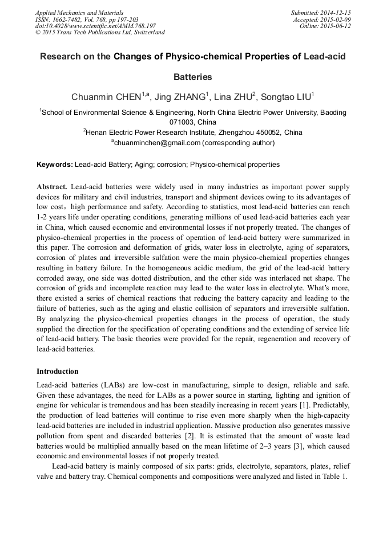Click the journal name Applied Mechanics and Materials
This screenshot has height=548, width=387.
click(x=79, y=13)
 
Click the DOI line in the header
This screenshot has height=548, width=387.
click(x=95, y=26)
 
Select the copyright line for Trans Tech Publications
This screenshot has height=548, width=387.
click(x=100, y=33)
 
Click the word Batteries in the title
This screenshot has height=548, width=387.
click(x=193, y=77)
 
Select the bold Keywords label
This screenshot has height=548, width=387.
click(x=55, y=165)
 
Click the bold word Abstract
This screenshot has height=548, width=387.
click(x=52, y=187)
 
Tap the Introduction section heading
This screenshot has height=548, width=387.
click(x=58, y=371)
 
